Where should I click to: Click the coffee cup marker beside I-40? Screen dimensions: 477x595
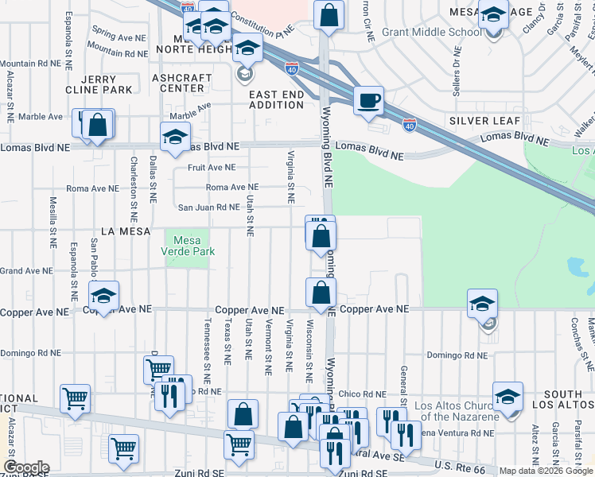pos(368,102)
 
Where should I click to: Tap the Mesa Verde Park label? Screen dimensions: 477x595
pos(188,245)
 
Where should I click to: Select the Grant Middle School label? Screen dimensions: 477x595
pos(432,33)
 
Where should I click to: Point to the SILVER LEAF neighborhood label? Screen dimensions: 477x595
pos(484,121)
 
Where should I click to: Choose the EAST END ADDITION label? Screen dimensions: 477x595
pos(276,99)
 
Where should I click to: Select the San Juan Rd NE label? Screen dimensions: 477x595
pos(208,207)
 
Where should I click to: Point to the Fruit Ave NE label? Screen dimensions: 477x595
pos(212,168)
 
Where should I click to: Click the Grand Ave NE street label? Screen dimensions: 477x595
pos(21,271)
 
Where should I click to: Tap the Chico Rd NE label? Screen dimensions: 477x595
pos(362,394)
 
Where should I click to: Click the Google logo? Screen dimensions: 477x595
pos(25,467)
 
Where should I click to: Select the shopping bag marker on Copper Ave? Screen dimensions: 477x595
pos(321,293)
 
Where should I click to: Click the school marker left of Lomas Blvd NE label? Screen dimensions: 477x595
pos(175,137)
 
